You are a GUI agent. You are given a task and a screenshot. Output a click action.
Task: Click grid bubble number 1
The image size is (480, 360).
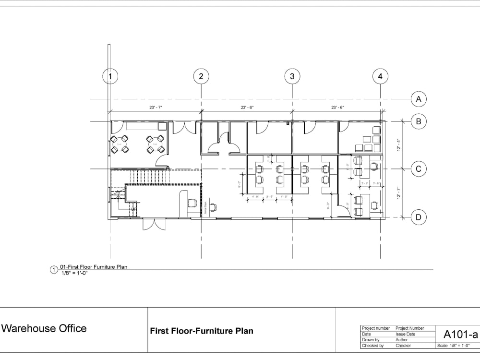pyautogui.click(x=110, y=76)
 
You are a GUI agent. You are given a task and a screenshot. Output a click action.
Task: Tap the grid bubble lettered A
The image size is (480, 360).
pyautogui.click(x=419, y=99)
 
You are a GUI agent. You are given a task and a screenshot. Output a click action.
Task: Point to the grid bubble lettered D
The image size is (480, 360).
pyautogui.click(x=419, y=217)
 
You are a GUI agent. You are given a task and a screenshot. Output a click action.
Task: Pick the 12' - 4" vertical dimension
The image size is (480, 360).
pyautogui.click(x=398, y=145)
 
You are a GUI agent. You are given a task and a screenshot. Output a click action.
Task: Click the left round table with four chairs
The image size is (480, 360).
pyautogui.click(x=120, y=144)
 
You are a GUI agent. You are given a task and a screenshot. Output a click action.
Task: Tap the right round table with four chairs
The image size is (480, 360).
pyautogui.click(x=156, y=144)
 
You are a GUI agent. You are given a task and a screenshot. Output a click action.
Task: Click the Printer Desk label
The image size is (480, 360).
pyautogui.click(x=206, y=207)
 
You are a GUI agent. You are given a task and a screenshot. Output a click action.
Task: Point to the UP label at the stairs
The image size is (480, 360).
pyautogui.click(x=134, y=209)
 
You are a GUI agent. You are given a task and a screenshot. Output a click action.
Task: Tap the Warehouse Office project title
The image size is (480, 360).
pyautogui.click(x=45, y=328)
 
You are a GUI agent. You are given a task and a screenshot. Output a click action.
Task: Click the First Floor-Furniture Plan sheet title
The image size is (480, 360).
pyautogui.click(x=202, y=331)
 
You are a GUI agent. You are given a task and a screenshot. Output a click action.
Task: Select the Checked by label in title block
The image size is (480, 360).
pyautogui.click(x=372, y=346)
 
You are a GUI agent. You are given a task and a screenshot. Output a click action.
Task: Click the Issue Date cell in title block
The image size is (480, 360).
pyautogui.click(x=406, y=334)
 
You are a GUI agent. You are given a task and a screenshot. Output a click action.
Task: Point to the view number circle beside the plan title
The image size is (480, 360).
pyautogui.click(x=54, y=270)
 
